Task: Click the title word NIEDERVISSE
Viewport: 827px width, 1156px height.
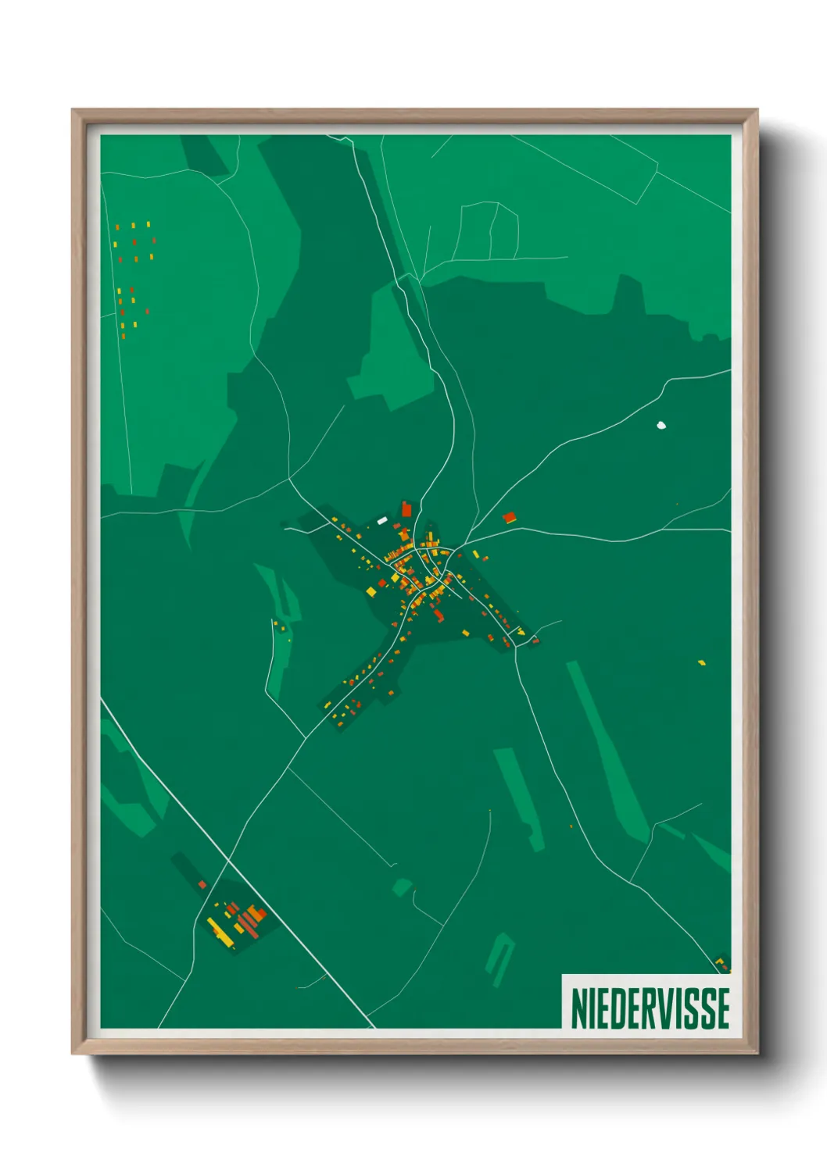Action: pyautogui.click(x=650, y=1008)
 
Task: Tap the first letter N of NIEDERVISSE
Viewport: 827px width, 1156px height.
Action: pyautogui.click(x=580, y=1008)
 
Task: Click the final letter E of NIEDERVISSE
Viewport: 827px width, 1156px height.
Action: pyautogui.click(x=724, y=1008)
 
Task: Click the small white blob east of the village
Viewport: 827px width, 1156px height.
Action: pyautogui.click(x=661, y=426)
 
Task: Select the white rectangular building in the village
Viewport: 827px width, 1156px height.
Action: pyautogui.click(x=382, y=519)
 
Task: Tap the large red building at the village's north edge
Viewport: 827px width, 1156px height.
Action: pyautogui.click(x=406, y=509)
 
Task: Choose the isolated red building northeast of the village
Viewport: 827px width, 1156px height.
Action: pyautogui.click(x=510, y=517)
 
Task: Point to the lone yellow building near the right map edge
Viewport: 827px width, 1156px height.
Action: pyautogui.click(x=702, y=663)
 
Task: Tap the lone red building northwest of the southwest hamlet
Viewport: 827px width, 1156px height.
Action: pyautogui.click(x=202, y=884)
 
